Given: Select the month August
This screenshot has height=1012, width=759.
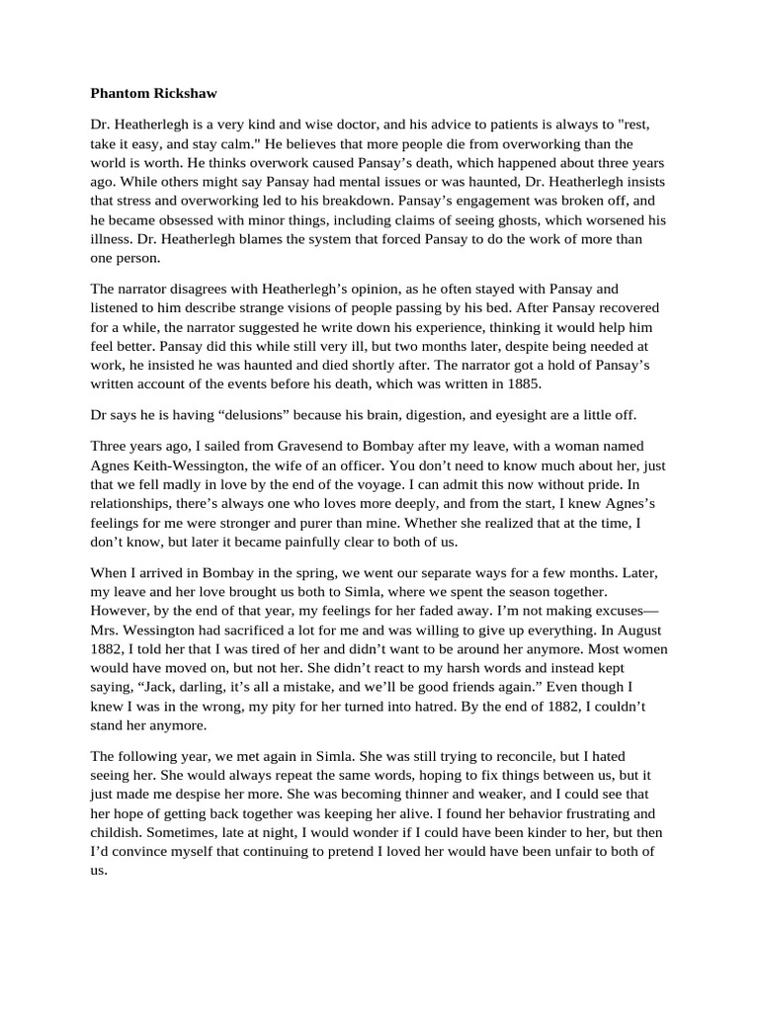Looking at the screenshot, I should point(638,630).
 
